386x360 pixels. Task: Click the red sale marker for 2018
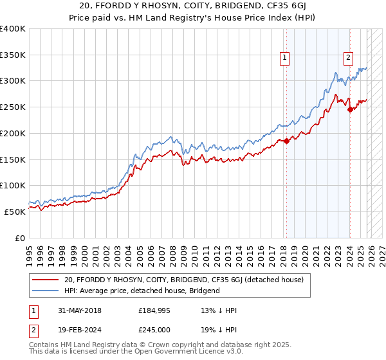(x=287, y=141)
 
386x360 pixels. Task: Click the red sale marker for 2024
(x=350, y=109)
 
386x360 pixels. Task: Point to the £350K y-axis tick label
(x=13, y=55)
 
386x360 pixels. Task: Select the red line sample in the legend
(x=46, y=280)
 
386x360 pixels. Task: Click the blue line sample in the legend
(x=46, y=291)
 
